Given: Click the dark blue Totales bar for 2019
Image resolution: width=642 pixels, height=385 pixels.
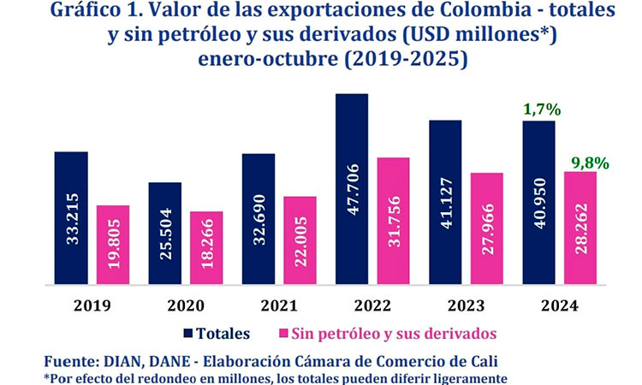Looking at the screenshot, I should pyautogui.click(x=71, y=217).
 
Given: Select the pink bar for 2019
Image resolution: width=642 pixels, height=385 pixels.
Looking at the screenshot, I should pyautogui.click(x=113, y=244).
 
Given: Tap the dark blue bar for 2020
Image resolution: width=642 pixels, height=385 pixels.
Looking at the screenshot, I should pyautogui.click(x=164, y=233).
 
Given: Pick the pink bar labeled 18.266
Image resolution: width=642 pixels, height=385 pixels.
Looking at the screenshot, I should pyautogui.click(x=206, y=247).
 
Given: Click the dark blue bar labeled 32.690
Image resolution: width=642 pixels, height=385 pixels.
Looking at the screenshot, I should pyautogui.click(x=259, y=218).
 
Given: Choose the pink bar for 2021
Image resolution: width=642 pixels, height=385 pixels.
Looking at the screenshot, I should pyautogui.click(x=300, y=240).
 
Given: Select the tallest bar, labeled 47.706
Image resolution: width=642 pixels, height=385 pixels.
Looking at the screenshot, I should pyautogui.click(x=352, y=188).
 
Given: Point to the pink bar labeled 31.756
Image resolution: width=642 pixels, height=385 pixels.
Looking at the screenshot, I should pyautogui.click(x=394, y=220).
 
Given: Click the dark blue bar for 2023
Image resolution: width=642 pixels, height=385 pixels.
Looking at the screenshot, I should pyautogui.click(x=445, y=202).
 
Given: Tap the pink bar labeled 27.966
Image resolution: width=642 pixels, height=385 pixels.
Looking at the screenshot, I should pyautogui.click(x=487, y=228).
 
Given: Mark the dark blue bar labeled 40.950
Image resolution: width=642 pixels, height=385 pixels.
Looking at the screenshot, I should pyautogui.click(x=538, y=202).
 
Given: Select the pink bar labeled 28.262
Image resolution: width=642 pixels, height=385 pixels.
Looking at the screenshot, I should pyautogui.click(x=580, y=227).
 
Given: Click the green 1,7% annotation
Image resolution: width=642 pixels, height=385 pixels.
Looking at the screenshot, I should pyautogui.click(x=540, y=110).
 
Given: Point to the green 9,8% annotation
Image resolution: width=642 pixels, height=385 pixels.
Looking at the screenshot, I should pyautogui.click(x=590, y=161).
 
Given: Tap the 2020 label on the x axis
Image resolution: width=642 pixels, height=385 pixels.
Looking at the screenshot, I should pyautogui.click(x=186, y=305).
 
